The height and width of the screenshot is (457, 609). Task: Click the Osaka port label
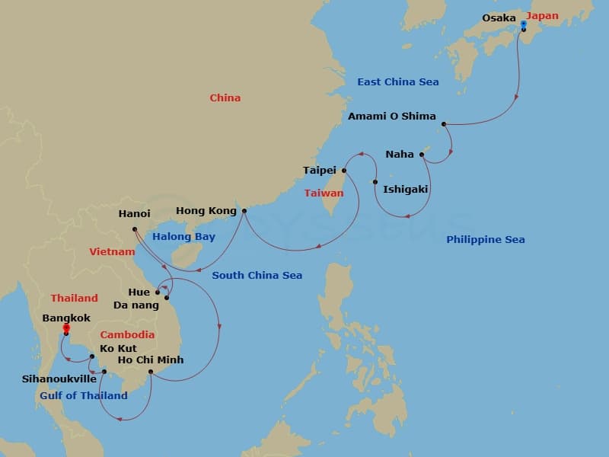tap(499, 18)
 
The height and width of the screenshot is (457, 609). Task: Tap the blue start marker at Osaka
tap(523, 24)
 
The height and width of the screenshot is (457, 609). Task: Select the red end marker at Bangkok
tap(66, 328)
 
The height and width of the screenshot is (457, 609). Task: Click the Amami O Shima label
tap(391, 117)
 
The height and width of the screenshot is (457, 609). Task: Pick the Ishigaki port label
tap(405, 189)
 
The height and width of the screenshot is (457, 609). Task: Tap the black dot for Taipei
tap(344, 171)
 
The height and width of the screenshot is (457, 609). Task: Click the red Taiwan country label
tap(324, 193)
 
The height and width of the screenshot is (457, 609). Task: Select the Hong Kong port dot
tap(244, 211)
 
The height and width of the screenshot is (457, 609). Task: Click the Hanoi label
tap(134, 214)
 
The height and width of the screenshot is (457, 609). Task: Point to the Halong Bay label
tap(183, 237)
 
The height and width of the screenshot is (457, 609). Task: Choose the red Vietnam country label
tap(112, 251)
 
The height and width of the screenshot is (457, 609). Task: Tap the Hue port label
tap(139, 292)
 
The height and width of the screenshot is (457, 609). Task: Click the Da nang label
tap(136, 305)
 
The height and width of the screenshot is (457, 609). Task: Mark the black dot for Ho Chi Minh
tap(151, 372)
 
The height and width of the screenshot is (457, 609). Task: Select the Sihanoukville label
tap(59, 379)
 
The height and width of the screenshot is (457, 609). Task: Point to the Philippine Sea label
tap(485, 240)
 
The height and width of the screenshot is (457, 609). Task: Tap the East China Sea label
tap(397, 81)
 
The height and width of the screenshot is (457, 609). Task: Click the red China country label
tap(225, 97)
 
